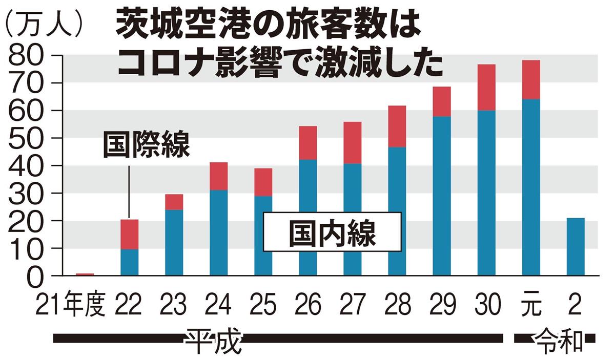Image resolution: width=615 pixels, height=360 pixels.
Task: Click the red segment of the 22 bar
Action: pyautogui.click(x=129, y=234)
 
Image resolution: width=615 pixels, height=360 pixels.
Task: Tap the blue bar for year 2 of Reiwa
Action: pyautogui.click(x=576, y=247)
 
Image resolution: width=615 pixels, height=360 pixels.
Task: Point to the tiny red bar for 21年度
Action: pyautogui.click(x=85, y=274)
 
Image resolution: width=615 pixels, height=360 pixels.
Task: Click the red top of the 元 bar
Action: pyautogui.click(x=531, y=79)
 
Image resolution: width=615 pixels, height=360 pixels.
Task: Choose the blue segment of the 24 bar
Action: pyautogui.click(x=218, y=232)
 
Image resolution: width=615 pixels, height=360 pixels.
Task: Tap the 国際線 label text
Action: pyautogui.click(x=147, y=145)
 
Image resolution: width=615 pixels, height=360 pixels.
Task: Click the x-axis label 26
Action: pyautogui.click(x=307, y=306)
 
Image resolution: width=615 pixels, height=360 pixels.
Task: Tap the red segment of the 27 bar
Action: pyautogui.click(x=352, y=142)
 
